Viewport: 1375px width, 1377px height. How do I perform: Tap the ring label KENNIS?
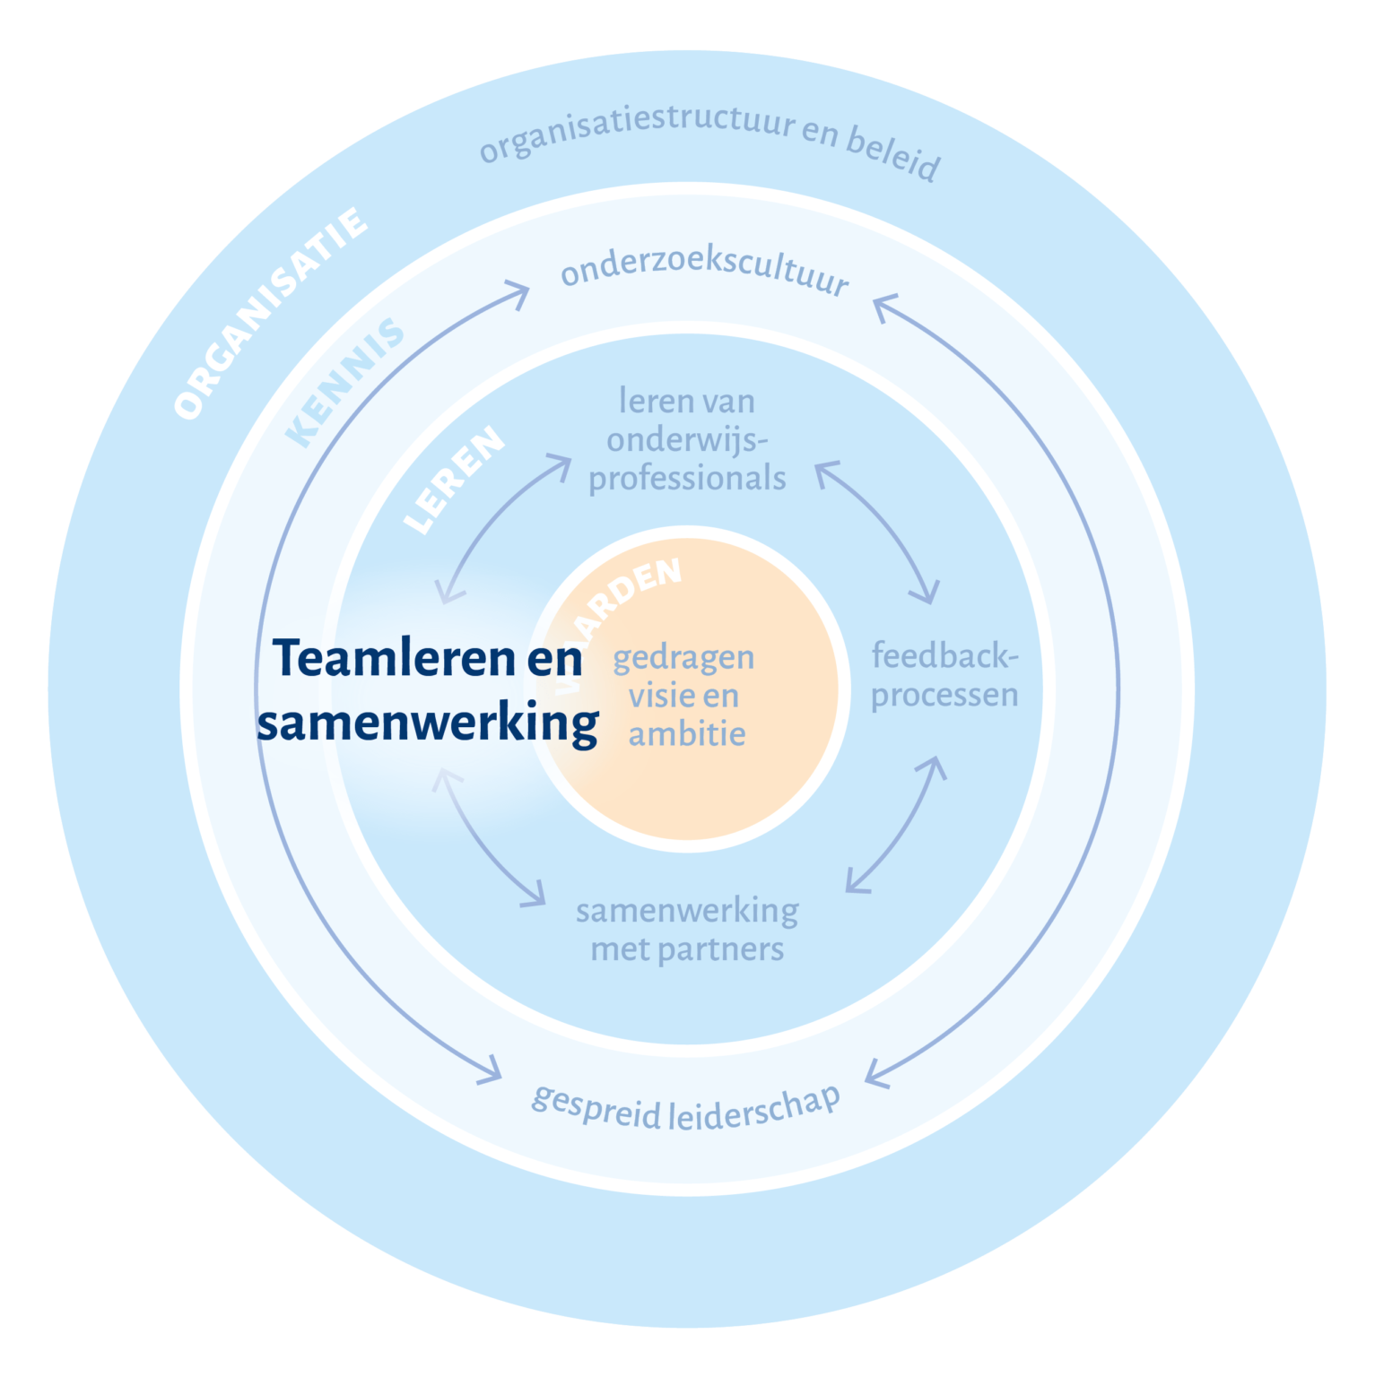pyautogui.click(x=345, y=383)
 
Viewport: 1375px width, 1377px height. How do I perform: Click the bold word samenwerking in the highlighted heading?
pyautogui.click(x=428, y=723)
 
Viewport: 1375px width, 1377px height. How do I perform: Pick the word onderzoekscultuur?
pyautogui.click(x=705, y=269)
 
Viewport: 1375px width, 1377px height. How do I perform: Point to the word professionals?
pyautogui.click(x=687, y=479)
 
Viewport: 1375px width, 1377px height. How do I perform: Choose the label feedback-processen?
pyautogui.click(x=944, y=675)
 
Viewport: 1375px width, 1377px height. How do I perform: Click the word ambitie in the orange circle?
pyautogui.click(x=687, y=733)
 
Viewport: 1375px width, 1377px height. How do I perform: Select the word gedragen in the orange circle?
pyautogui.click(x=683, y=657)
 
